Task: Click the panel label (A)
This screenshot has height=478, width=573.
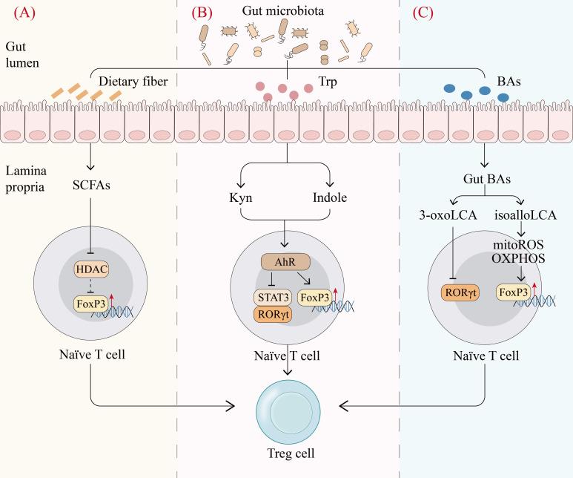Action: tap(17, 13)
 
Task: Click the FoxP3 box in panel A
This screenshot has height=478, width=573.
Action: tap(91, 304)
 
